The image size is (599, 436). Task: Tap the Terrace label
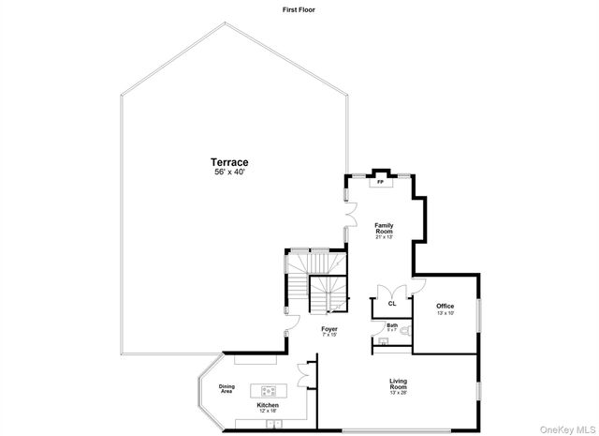coord(228,163)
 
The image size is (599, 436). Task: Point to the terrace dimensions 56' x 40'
coord(228,173)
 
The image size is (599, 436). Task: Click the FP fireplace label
coord(380,182)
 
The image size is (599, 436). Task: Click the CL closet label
coord(392,303)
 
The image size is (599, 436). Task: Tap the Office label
coord(445,306)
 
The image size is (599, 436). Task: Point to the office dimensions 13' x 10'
coord(445,313)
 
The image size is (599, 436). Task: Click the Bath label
coord(392,325)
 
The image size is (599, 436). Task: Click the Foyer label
coord(329,329)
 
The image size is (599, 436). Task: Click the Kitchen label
coord(268,405)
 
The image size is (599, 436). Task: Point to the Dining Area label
coord(226,389)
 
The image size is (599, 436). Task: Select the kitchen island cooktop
coord(269,389)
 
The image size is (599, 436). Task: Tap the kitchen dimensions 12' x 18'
coord(268,411)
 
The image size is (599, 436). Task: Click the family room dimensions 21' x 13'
coord(384,237)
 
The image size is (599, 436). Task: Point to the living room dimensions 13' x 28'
coord(399,393)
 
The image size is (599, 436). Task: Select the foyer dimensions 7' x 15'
coord(329,335)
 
